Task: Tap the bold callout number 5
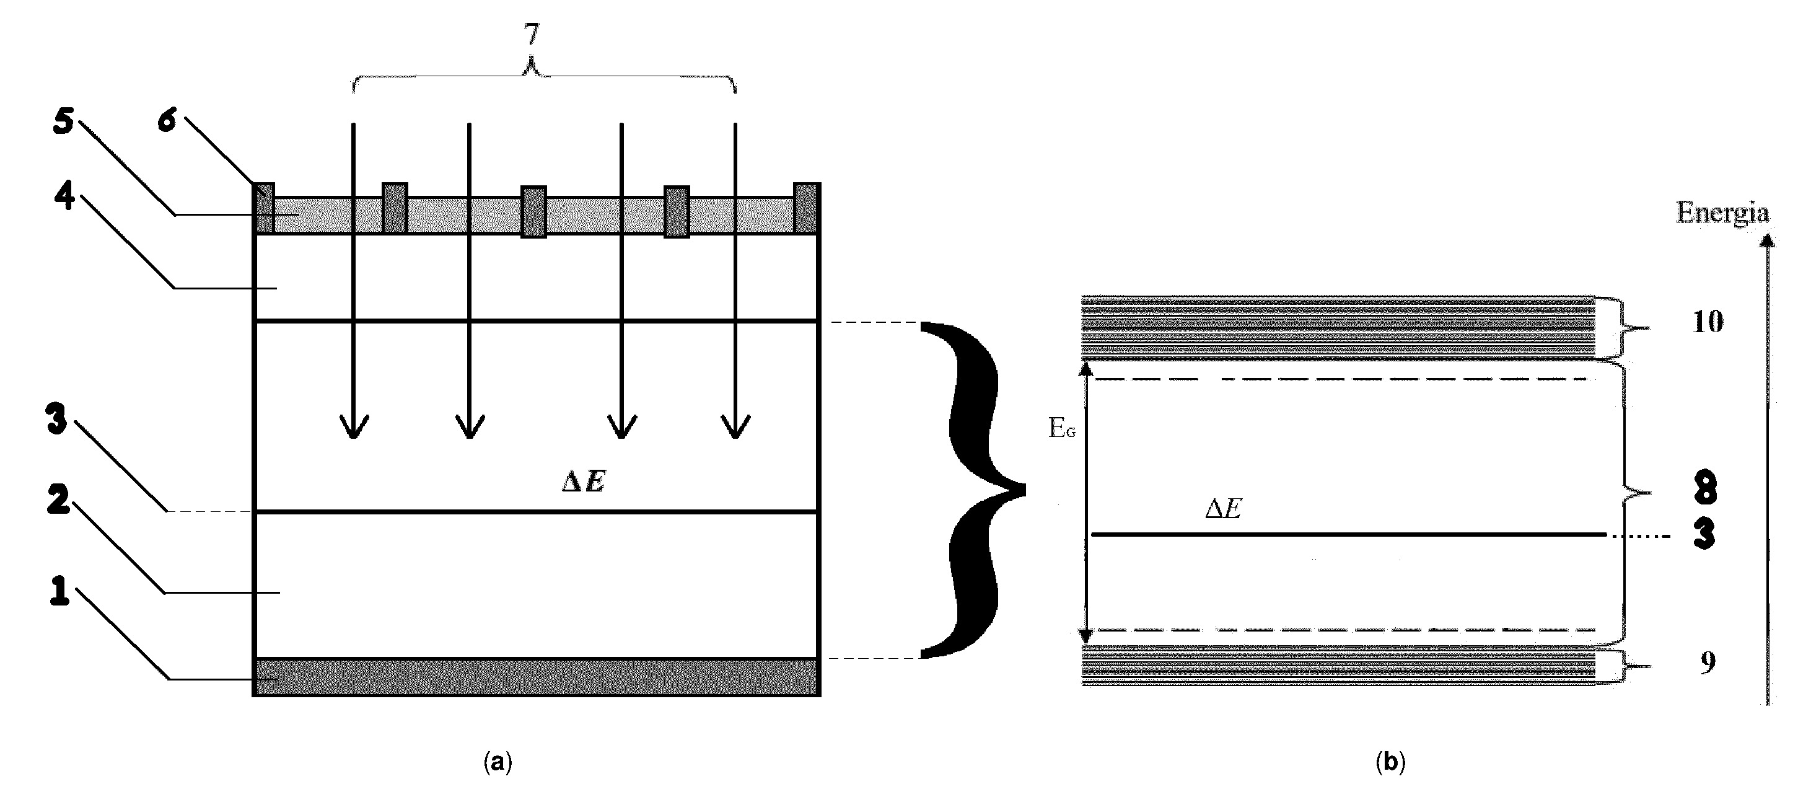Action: click(x=64, y=121)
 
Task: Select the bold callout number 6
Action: click(x=166, y=120)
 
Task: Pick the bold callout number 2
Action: click(x=58, y=500)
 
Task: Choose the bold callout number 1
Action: click(x=59, y=591)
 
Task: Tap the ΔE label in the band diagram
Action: click(x=1223, y=509)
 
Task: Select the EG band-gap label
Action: click(x=1061, y=428)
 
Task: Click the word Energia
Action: click(x=1722, y=213)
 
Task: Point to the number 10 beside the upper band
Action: click(x=1708, y=322)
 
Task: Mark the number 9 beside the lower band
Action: click(x=1708, y=663)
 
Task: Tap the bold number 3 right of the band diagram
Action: click(x=1704, y=535)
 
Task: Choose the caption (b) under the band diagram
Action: click(x=1389, y=762)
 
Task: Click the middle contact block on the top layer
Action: click(x=533, y=212)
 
